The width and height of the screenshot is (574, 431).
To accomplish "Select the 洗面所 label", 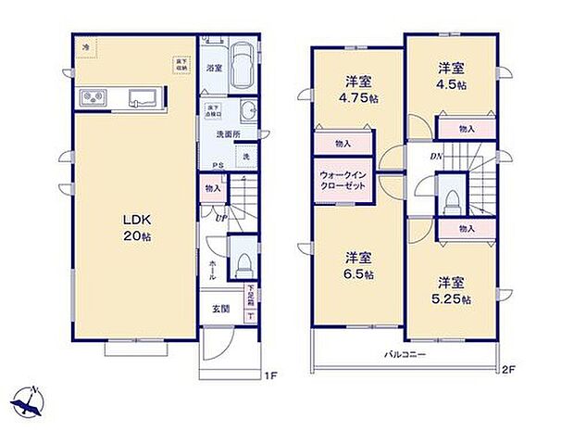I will (224, 134).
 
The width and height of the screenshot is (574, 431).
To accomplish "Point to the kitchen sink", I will (144, 96).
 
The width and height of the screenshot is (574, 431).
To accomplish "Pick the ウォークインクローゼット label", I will (343, 180).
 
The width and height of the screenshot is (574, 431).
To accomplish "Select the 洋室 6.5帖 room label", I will (358, 266).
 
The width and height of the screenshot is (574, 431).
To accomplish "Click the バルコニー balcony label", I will (406, 355).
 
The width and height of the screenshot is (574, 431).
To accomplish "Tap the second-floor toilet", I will (451, 199).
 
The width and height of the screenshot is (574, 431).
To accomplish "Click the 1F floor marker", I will (269, 375).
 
